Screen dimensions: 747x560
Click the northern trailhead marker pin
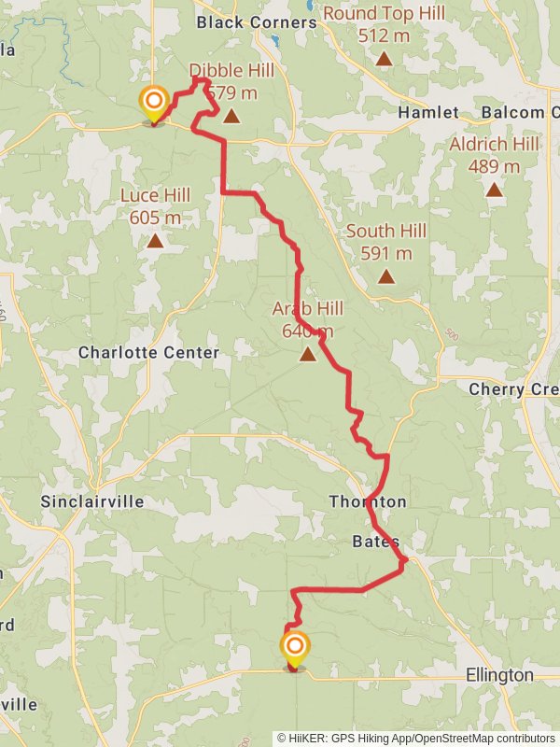point(154,104)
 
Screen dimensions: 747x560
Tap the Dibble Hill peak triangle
point(231,117)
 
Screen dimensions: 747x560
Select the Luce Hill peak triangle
point(155,241)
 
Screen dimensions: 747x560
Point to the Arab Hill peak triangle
point(308,354)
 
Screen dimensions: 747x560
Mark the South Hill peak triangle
point(385,276)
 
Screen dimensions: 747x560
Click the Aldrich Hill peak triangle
point(494,190)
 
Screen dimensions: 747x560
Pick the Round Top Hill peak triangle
point(384,59)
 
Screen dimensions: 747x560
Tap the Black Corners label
point(257,21)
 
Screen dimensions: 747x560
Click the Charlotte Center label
point(148,353)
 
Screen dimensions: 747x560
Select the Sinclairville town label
point(92,501)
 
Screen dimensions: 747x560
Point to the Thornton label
point(368,501)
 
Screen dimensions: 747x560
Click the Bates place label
point(376,542)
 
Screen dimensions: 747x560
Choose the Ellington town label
point(499,675)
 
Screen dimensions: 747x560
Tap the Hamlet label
point(428,113)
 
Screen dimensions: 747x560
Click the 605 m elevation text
point(155,218)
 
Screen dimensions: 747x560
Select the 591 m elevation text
point(385,253)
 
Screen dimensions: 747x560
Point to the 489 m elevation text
point(494,166)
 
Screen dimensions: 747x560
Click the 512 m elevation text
point(384,35)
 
